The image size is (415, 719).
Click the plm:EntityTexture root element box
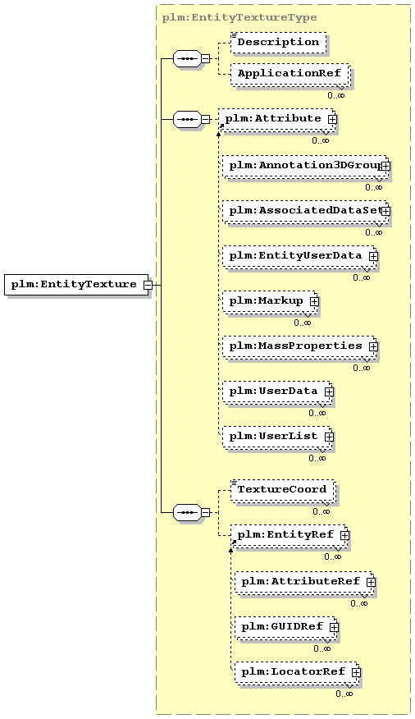[76, 284]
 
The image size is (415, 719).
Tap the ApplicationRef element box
[290, 74]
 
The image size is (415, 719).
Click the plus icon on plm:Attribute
[332, 118]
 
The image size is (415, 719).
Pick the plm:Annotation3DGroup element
[306, 166]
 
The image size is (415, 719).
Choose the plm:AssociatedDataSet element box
[306, 211]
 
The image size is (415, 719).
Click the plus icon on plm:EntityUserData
[373, 256]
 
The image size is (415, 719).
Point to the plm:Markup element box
[271, 301]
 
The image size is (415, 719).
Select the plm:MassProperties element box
[300, 346]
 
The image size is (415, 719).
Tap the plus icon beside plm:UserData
[329, 392]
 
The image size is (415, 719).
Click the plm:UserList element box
[277, 437]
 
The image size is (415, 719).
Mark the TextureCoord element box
[283, 490]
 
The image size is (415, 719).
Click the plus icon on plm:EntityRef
[344, 535]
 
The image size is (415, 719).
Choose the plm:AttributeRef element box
[304, 582]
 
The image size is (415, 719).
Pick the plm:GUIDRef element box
[287, 627]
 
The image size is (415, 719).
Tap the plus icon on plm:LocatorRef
[357, 672]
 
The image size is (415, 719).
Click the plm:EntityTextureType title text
[239, 18]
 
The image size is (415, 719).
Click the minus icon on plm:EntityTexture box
[148, 285]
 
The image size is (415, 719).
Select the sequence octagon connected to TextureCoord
[187, 512]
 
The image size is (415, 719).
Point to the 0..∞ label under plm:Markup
[303, 323]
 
